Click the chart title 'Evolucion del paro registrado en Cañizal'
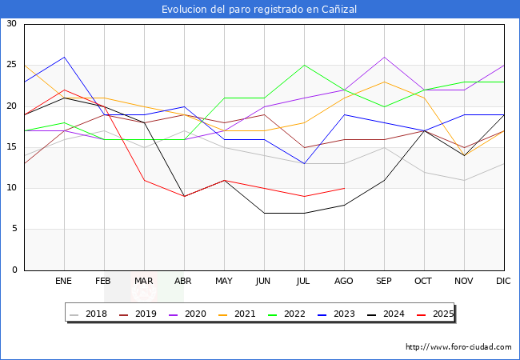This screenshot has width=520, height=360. coord(259,10)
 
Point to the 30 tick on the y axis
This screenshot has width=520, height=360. coord(11,24)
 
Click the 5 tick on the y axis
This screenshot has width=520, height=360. coord(14,229)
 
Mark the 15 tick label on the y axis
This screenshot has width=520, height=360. coord(11,147)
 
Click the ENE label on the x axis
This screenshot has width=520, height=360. coord(63,282)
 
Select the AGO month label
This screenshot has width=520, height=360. coord(344,282)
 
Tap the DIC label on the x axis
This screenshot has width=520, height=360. coord(504,282)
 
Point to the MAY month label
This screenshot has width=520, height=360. coord(224,282)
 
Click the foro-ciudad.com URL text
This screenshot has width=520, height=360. coord(458,347)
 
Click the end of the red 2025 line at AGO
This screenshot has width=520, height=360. coord(344,188)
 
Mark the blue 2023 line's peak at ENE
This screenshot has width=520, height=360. coord(64,57)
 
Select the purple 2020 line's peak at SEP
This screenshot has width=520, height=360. coord(385,57)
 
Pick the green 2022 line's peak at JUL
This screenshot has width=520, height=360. coord(304,65)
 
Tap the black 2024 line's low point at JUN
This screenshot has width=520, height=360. coord(264,213)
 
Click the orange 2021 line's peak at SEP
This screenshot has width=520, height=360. coord(385,82)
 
